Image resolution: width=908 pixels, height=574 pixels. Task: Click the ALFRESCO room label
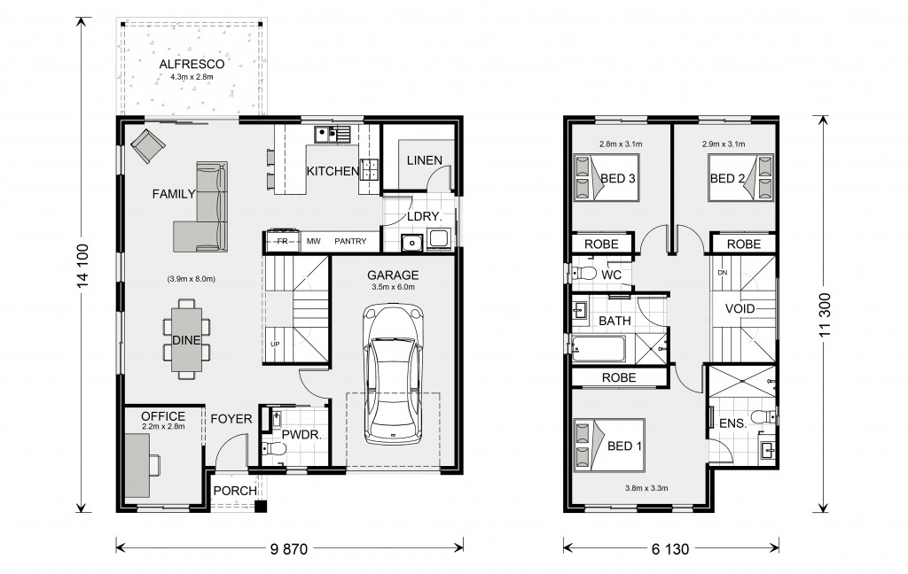pos(192,64)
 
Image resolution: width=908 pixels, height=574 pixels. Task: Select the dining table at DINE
pos(186,339)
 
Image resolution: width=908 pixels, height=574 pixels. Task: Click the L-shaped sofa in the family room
pos(200,206)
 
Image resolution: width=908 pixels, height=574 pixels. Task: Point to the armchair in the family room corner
pos(148,145)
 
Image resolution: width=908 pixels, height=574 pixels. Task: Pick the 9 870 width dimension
pos(289,548)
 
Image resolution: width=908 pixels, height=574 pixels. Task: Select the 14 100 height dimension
pos(83,265)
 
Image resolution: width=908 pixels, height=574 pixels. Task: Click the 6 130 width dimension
pos(670,548)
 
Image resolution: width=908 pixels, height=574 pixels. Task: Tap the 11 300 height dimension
pos(825,314)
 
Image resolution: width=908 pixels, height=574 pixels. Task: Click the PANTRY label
pos(350,241)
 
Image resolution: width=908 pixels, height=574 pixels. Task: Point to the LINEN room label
pos(425,160)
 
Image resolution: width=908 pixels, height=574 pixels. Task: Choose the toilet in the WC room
pos(585,274)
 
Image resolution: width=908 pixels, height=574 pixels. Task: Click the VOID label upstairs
pos(740,308)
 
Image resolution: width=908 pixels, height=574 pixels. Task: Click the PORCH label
pos(235,491)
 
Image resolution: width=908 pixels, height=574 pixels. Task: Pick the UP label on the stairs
pos(275,345)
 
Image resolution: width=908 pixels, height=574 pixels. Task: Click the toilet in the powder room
pos(275,449)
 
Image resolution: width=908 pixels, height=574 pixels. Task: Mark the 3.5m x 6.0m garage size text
pos(393,287)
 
